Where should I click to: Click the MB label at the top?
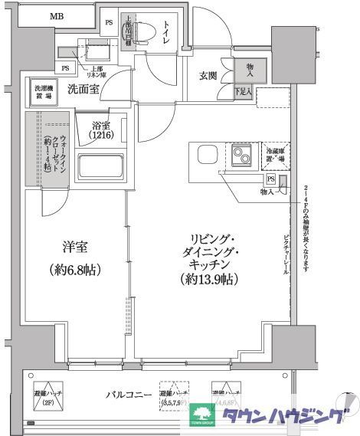tap(57, 16)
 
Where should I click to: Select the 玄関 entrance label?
tap(208, 75)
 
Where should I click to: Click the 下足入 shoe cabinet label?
tap(243, 93)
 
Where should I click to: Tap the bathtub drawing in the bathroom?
tap(100, 166)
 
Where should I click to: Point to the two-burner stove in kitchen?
tap(242, 158)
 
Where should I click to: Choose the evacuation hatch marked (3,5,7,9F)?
tap(173, 395)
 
